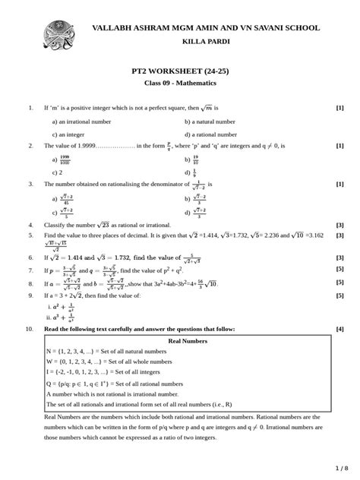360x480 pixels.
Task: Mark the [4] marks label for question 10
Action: click(340, 329)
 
